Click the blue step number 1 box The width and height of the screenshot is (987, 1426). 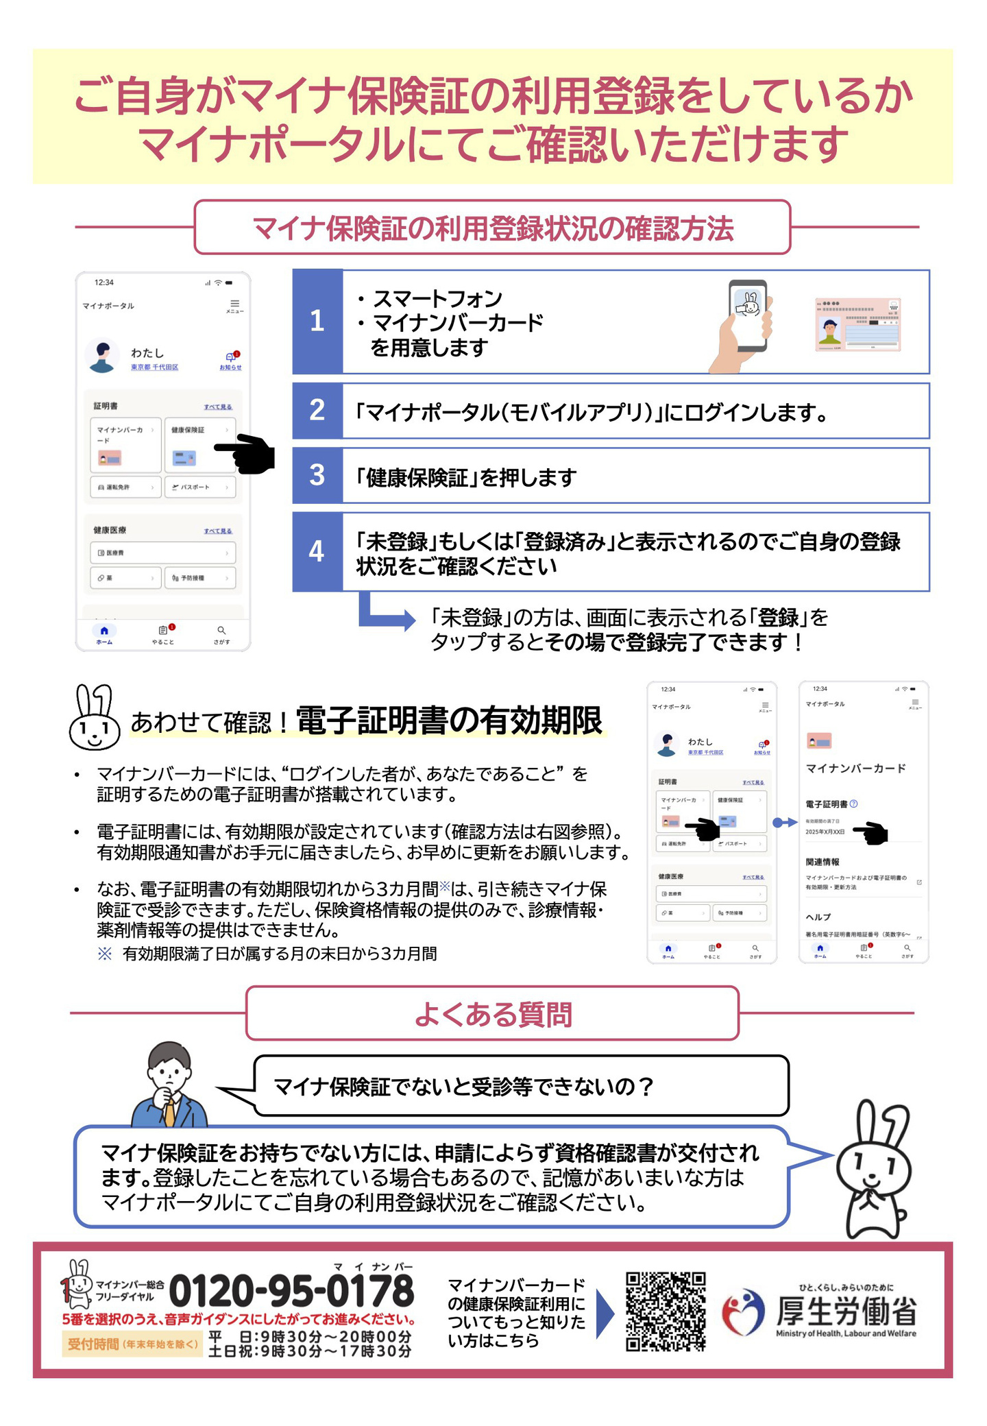317,321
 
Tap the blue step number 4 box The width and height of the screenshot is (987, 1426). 317,551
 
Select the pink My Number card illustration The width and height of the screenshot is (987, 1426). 857,325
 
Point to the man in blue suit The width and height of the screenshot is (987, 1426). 169,1086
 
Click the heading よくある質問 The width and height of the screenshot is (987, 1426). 492,1013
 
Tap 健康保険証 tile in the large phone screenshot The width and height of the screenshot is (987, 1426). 199,444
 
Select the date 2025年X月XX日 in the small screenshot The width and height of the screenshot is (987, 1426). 825,832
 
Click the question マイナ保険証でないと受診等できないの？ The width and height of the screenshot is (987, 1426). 463,1087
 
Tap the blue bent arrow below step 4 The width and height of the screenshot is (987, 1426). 384,614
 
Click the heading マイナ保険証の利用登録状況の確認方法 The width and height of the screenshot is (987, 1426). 492,228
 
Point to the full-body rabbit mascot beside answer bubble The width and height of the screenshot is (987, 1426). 874,1170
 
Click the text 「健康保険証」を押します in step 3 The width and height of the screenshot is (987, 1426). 466,477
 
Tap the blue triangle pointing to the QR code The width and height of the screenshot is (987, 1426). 605,1313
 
